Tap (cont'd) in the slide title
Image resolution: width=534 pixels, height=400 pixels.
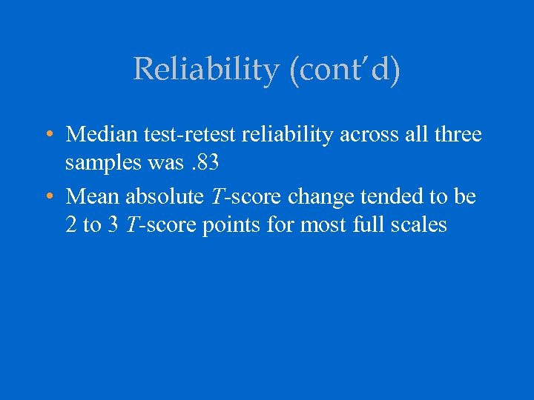point(340,70)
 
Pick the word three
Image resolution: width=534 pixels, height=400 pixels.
point(455,135)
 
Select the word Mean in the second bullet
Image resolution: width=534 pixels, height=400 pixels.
point(93,196)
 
